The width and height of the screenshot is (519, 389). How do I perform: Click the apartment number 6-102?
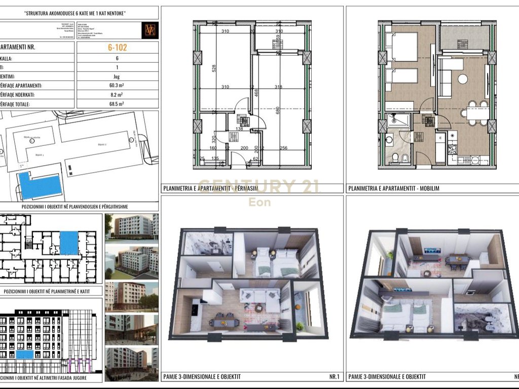117,48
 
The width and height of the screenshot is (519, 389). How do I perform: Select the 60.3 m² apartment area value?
117,86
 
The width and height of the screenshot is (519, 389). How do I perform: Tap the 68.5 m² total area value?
117,104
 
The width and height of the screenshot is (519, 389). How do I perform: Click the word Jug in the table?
117,76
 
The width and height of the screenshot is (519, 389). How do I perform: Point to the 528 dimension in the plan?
206,68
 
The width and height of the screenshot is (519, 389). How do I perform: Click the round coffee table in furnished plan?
462,79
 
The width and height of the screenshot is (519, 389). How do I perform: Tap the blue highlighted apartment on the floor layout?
69,243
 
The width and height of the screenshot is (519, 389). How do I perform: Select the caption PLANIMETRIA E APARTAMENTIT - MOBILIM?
393,188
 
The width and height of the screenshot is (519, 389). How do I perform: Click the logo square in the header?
151,30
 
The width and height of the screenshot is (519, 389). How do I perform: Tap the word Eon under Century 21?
259,202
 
